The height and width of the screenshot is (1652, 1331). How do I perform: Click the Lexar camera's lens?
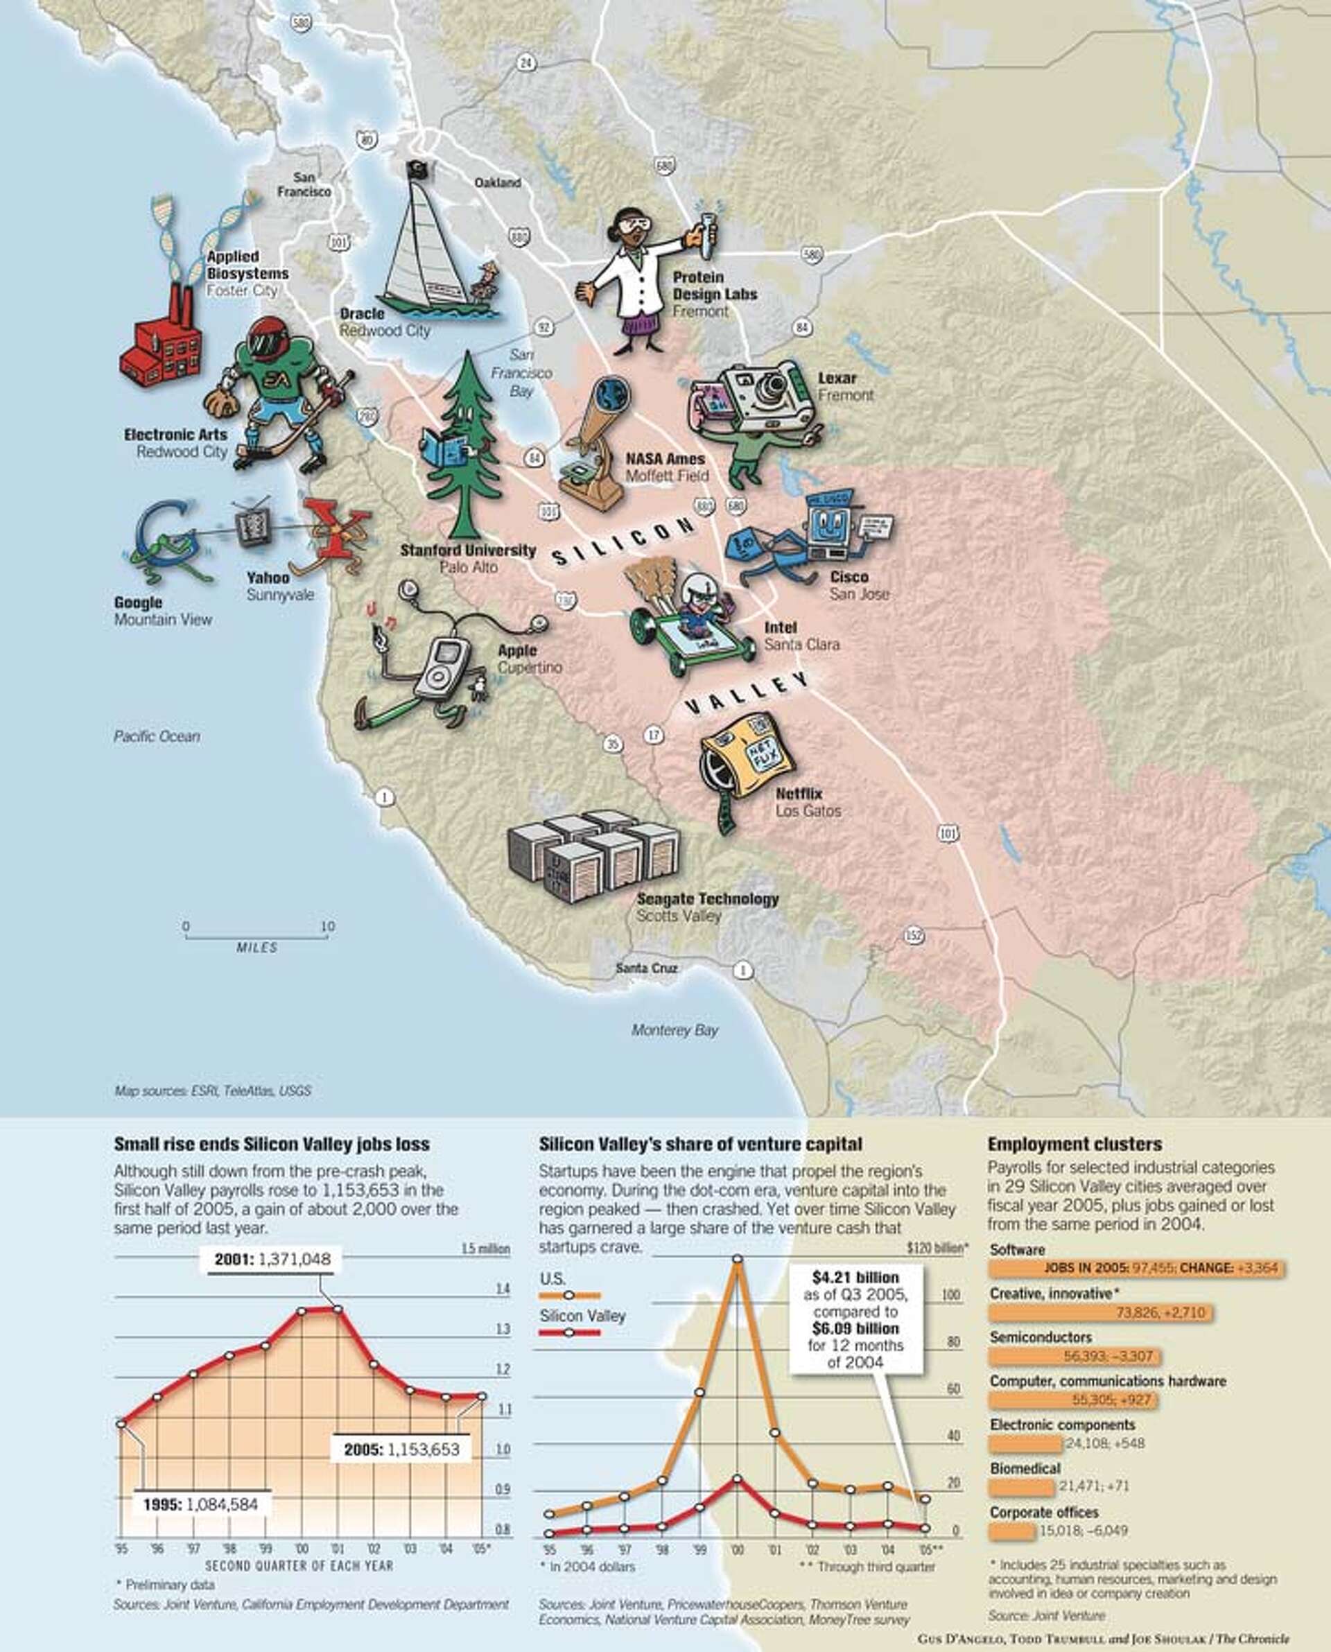coord(767,392)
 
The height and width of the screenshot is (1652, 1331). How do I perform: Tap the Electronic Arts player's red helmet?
coord(268,338)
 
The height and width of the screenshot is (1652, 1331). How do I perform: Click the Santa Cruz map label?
coord(646,968)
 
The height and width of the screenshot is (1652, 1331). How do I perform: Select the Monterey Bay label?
coord(675,1030)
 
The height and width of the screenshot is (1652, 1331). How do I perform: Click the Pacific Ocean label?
coord(157,736)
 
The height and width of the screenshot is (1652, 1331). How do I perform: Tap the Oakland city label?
coord(498,182)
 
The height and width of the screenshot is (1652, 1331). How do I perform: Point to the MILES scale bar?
coord(257,937)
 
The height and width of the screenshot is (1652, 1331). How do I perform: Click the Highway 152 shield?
coord(913,935)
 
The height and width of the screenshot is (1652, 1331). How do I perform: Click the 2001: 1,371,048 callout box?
coord(272,1259)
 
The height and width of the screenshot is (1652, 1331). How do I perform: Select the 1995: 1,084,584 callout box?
coord(203,1504)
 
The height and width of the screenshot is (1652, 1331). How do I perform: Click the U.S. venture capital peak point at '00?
coord(738,1259)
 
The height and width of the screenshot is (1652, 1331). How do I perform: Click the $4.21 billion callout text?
coord(855,1277)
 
